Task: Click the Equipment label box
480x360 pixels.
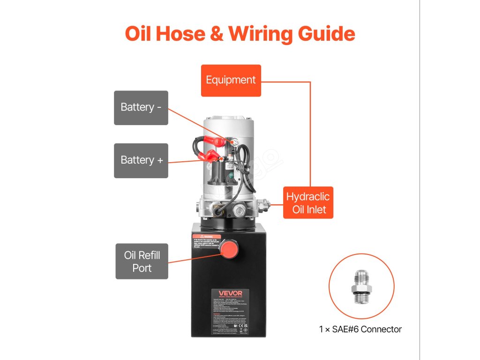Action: tap(231, 80)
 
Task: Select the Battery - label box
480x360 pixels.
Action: tap(141, 107)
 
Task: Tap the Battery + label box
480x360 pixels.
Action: tap(141, 160)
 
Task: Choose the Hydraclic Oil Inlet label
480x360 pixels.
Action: tap(308, 202)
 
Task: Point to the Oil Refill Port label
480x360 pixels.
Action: tap(142, 262)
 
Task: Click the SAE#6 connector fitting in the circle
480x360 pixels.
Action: tap(361, 287)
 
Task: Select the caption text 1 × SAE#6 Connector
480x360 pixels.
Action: tap(360, 329)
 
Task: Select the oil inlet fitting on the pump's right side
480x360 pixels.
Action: tap(265, 204)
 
